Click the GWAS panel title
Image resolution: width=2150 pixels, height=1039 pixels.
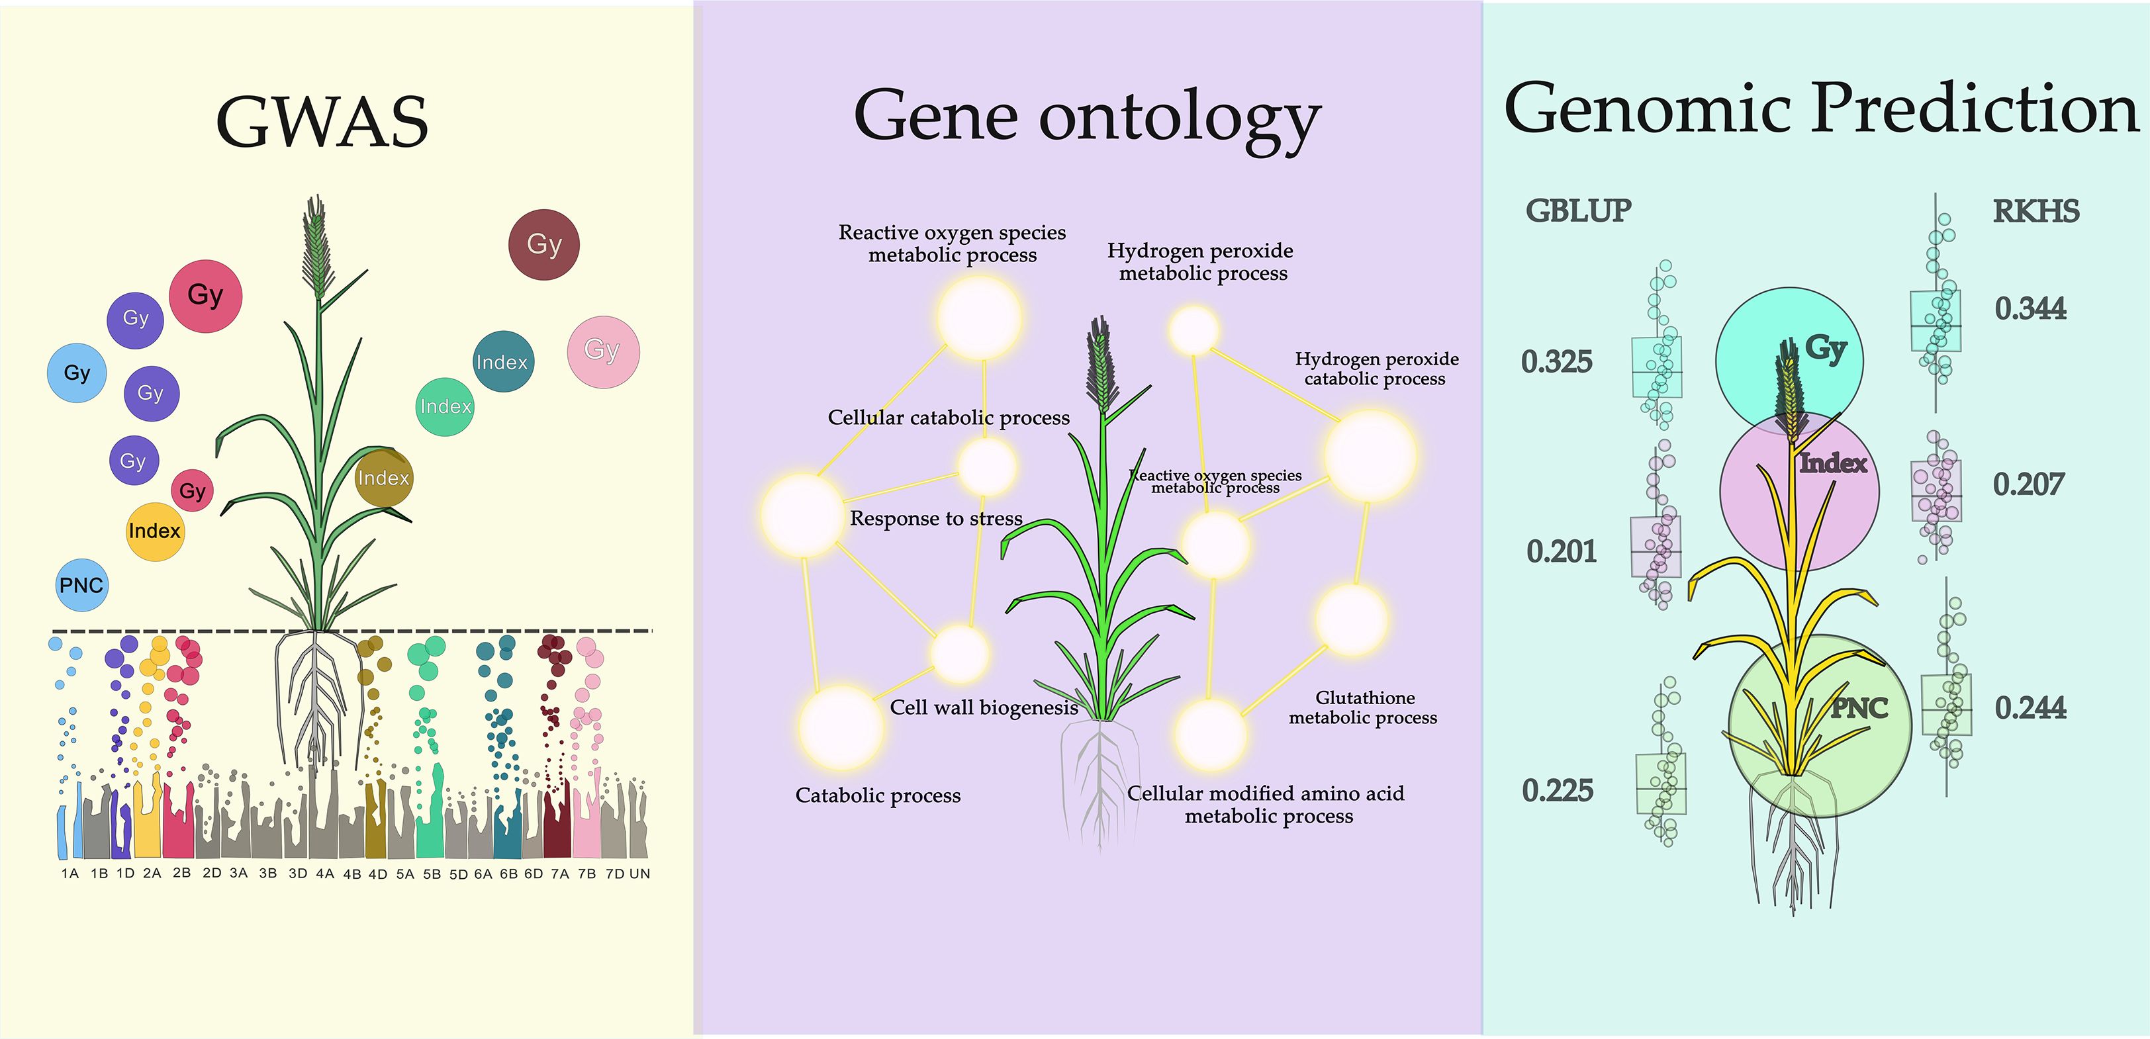pyautogui.click(x=322, y=122)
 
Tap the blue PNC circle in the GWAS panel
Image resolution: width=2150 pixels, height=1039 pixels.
pyautogui.click(x=81, y=585)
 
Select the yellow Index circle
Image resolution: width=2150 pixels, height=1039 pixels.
pyautogui.click(x=154, y=531)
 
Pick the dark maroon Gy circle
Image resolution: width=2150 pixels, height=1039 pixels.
pyautogui.click(x=543, y=244)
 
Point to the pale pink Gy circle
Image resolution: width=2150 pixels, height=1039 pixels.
pyautogui.click(x=602, y=351)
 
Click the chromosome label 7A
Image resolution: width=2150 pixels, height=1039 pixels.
pyautogui.click(x=559, y=874)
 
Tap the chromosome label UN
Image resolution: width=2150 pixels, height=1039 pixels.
pyautogui.click(x=639, y=874)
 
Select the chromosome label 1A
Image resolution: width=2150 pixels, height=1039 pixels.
pyautogui.click(x=70, y=874)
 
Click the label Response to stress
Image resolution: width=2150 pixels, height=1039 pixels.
pyautogui.click(x=935, y=518)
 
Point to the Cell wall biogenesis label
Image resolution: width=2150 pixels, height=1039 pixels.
pyautogui.click(x=984, y=707)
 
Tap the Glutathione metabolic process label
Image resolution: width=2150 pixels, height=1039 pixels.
pyautogui.click(x=1363, y=707)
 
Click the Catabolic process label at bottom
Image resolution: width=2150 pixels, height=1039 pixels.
pyautogui.click(x=878, y=795)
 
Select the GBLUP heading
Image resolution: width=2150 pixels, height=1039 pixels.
pyautogui.click(x=1578, y=211)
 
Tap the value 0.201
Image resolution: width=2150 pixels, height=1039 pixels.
pyautogui.click(x=1561, y=552)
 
